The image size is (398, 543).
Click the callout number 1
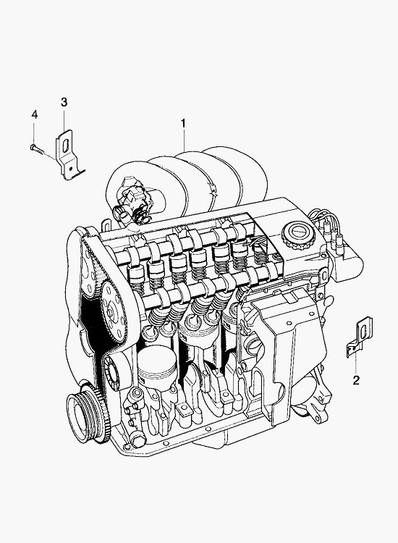(183, 123)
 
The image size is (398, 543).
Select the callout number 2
(356, 380)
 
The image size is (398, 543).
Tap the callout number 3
(64, 102)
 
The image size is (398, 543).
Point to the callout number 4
(34, 114)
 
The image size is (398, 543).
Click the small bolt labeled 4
(37, 150)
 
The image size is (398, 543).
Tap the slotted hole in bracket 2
(363, 331)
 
